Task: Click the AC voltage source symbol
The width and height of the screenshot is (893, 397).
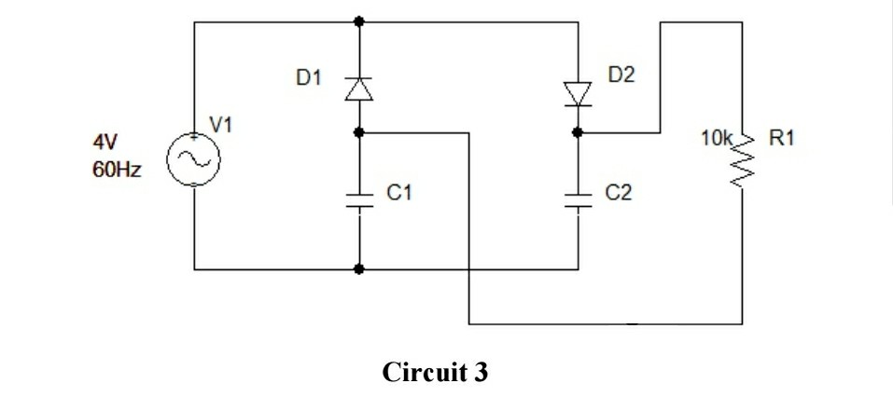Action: pos(195,160)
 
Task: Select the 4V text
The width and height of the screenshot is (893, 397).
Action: pos(105,143)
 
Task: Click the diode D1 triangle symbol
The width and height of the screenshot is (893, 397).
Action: pos(359,88)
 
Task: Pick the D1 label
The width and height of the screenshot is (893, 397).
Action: pos(309,79)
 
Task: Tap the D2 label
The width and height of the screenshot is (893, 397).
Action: pos(621,74)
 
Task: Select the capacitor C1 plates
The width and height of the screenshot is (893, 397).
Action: pos(359,199)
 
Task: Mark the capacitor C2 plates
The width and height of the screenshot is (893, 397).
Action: pos(578,199)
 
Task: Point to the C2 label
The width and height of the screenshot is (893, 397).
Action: pos(619,193)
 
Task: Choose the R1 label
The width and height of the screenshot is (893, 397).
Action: pos(782,139)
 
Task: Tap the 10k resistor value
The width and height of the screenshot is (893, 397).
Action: pos(717,139)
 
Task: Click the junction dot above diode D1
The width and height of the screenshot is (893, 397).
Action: pos(359,20)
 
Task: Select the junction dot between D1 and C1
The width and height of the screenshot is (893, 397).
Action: pos(359,132)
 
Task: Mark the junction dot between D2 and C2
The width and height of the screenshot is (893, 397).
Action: pos(578,132)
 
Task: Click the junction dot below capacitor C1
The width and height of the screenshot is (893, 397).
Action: pos(359,270)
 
